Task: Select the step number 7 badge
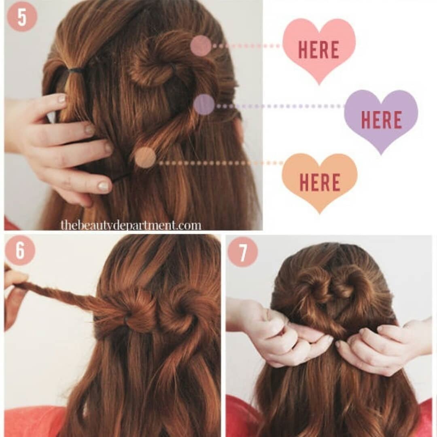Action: point(243,252)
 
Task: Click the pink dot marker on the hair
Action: point(201,45)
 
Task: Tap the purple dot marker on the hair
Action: point(204,104)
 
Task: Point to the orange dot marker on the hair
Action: point(145,157)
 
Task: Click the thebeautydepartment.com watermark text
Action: point(131,225)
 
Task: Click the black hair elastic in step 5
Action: point(75,70)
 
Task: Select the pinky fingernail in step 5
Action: point(104,186)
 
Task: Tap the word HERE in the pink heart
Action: point(319,50)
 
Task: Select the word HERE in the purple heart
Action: point(382,119)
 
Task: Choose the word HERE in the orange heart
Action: point(320,182)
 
